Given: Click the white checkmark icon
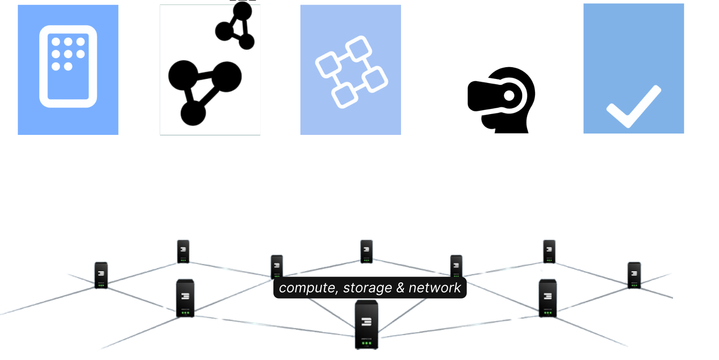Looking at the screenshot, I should [x=633, y=106].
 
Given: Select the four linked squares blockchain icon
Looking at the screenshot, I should [x=351, y=72].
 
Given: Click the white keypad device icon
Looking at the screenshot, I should [x=68, y=66].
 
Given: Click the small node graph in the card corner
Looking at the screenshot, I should [x=237, y=27].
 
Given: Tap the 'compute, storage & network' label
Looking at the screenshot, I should [x=370, y=288].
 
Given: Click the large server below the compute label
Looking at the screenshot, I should [x=366, y=324].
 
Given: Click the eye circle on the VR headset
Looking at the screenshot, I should [x=509, y=96].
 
